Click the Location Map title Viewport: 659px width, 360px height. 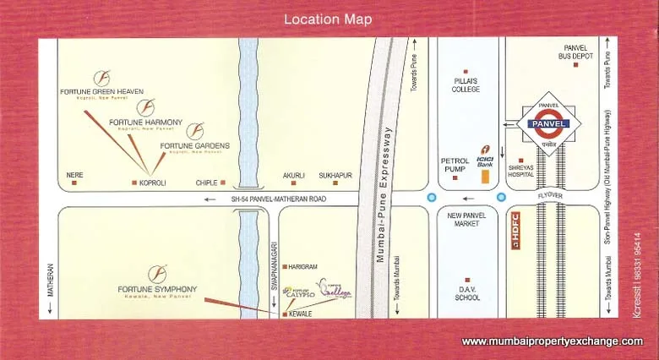328,19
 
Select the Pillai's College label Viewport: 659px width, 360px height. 466,85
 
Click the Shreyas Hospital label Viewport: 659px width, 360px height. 521,170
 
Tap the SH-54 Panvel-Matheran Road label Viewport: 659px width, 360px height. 278,199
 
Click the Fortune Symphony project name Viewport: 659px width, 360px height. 157,290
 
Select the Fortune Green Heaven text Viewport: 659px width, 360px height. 101,91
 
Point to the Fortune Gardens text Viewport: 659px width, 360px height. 195,145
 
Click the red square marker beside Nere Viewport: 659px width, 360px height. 74,183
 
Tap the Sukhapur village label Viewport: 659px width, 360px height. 335,176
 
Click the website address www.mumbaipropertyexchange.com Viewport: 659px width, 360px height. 552,341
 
